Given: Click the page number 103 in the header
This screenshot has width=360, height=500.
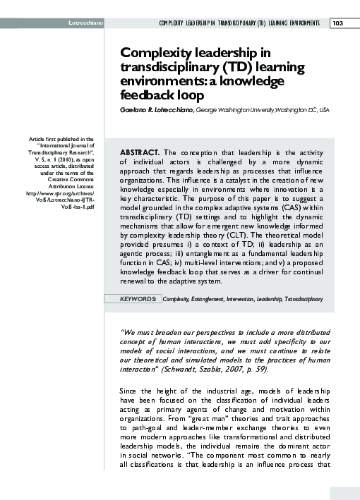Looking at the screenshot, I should click(x=337, y=23).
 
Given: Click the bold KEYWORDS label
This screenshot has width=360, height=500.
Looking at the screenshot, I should click(x=138, y=299).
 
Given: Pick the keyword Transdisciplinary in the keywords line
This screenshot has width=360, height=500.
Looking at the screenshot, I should click(x=304, y=299).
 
